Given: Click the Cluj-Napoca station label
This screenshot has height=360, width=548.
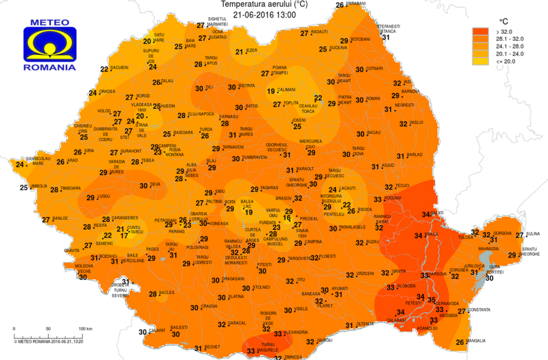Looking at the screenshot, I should point(201,114).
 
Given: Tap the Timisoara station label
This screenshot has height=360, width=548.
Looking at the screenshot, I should point(70,189).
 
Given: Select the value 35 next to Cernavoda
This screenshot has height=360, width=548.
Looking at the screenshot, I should point(431,300).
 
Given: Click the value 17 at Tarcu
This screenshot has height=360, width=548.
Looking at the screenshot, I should point(124,236).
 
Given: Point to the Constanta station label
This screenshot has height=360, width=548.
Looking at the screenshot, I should point(479,310).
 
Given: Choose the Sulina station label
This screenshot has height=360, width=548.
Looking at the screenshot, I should point(533,234).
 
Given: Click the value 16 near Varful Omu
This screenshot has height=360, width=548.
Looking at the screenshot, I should point(287,218).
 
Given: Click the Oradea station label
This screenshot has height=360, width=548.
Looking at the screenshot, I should point(107,92).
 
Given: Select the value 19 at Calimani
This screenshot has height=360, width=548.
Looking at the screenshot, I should point(271,92).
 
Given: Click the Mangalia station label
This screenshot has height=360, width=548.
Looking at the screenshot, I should point(476,341).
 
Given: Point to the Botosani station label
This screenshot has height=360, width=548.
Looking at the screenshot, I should point(361,39).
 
